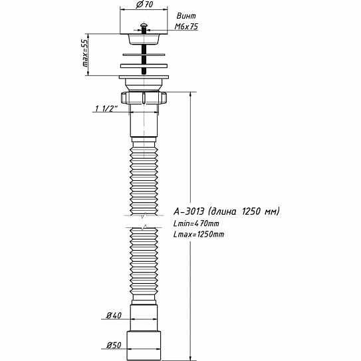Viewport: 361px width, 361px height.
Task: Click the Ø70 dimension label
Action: pyautogui.click(x=144, y=5)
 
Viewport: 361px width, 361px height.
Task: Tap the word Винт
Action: pyautogui.click(x=186, y=16)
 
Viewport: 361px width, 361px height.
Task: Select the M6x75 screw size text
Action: pyautogui.click(x=186, y=27)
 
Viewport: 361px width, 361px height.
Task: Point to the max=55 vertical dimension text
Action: pyautogui.click(x=85, y=53)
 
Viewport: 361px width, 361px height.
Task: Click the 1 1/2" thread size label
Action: pyautogui.click(x=106, y=108)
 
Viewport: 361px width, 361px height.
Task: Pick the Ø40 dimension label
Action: pyautogui.click(x=114, y=315)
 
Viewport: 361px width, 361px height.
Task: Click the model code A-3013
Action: pyautogui.click(x=189, y=211)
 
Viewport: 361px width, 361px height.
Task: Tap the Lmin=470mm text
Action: pyautogui.click(x=196, y=223)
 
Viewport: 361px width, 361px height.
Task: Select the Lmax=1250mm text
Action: pyautogui.click(x=199, y=235)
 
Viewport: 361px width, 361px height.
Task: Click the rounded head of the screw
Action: pyautogui.click(x=144, y=25)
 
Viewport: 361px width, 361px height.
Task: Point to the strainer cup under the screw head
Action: pyautogui.click(x=144, y=39)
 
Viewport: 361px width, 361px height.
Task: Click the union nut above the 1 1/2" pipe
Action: pyautogui.click(x=144, y=98)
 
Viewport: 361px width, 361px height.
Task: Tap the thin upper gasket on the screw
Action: pyautogui.click(x=144, y=55)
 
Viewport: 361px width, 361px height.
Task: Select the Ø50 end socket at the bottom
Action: pyautogui.click(x=144, y=346)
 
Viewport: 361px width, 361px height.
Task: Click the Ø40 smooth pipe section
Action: pyautogui.click(x=144, y=318)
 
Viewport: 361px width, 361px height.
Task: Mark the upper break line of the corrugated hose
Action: pyautogui.click(x=144, y=215)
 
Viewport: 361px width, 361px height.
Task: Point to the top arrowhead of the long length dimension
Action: pyautogui.click(x=190, y=94)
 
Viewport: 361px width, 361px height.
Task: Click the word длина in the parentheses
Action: pyautogui.click(x=224, y=211)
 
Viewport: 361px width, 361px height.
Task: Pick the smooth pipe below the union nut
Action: pyautogui.click(x=144, y=121)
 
